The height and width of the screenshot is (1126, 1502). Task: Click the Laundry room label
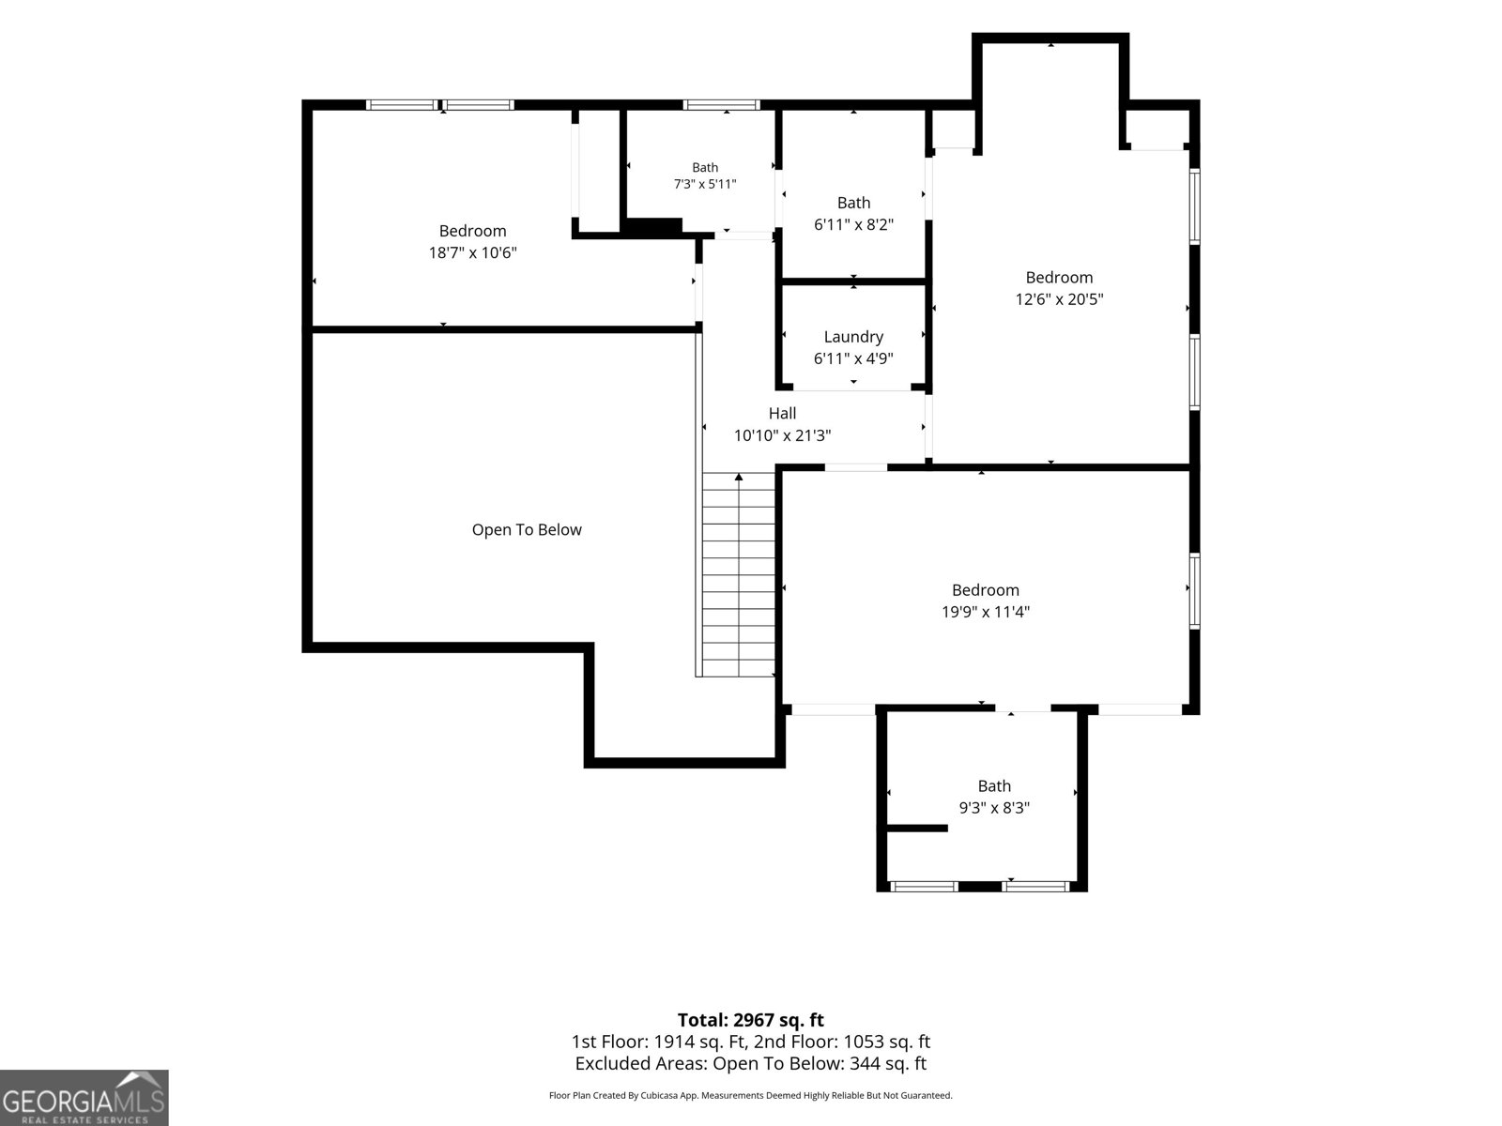coord(853,336)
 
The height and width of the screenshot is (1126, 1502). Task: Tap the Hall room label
coord(782,413)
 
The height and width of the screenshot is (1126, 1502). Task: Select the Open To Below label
coord(527,530)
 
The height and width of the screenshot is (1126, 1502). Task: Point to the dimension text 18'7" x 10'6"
coord(472,252)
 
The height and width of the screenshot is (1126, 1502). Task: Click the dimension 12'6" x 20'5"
coord(1059,298)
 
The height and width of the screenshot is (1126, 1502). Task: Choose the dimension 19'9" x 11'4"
coord(986,611)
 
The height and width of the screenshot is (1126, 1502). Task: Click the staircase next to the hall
coord(739,574)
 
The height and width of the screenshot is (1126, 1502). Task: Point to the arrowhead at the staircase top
coord(739,477)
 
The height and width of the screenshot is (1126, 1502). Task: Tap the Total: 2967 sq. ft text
coord(751,1019)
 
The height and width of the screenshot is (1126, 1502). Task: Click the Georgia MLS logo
coord(84,1097)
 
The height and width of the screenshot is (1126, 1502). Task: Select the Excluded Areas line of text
coord(751,1063)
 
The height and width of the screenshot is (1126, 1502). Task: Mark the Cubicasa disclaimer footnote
coord(751,1095)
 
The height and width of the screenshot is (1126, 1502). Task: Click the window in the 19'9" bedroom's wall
coord(1194,591)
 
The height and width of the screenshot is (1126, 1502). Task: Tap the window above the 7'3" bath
coord(721,104)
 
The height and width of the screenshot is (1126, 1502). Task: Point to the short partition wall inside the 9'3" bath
coord(917,828)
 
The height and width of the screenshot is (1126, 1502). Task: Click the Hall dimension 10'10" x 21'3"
coord(782,435)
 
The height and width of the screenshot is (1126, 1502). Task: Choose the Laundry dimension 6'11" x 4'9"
coord(853,358)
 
